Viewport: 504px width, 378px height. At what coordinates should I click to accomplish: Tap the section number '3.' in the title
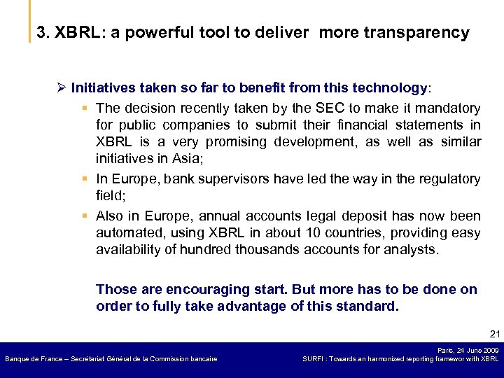click(x=43, y=33)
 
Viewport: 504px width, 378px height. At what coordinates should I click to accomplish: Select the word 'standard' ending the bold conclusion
click(x=368, y=307)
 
